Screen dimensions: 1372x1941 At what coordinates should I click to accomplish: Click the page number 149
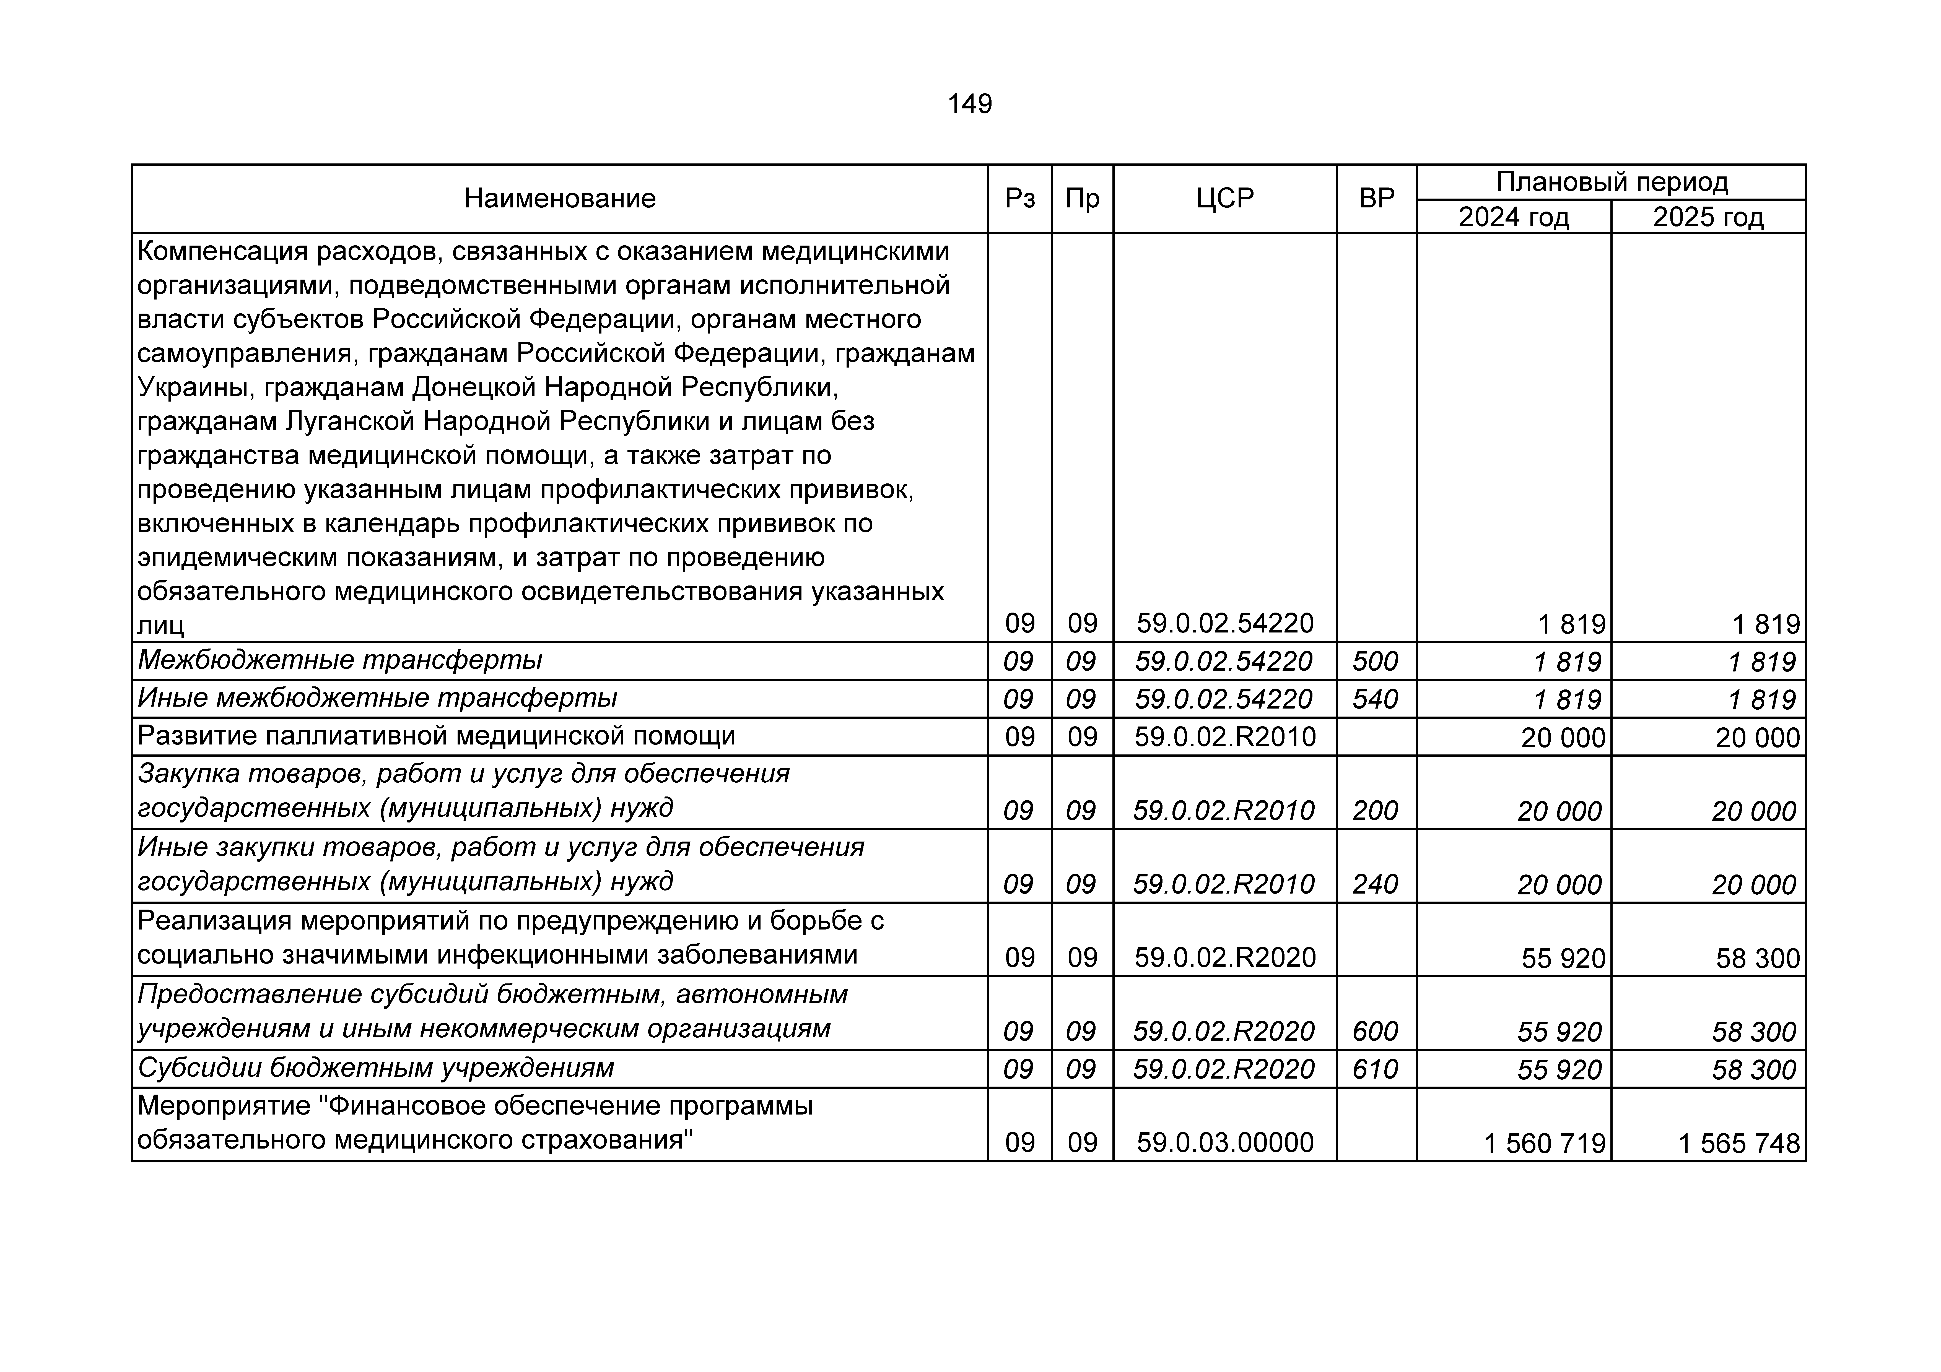coord(970,104)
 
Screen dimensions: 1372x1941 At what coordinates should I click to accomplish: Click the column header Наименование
coord(560,199)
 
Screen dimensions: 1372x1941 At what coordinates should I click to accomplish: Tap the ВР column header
coord(1376,199)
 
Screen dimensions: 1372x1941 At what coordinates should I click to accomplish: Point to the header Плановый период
coord(1611,182)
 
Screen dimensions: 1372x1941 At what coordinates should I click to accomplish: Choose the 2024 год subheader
coord(1513,217)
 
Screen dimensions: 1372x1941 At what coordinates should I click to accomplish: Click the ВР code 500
coord(1376,661)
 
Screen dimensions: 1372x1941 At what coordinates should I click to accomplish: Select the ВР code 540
coord(1376,699)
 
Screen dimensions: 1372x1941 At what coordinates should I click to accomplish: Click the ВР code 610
coord(1376,1069)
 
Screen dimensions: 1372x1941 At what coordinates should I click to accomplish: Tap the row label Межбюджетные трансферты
coord(340,660)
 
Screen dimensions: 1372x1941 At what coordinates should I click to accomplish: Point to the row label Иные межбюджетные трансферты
coord(377,698)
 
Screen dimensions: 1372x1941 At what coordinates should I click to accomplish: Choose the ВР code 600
coord(1376,1031)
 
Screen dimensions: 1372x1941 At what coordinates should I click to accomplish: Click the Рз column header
coord(1019,199)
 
